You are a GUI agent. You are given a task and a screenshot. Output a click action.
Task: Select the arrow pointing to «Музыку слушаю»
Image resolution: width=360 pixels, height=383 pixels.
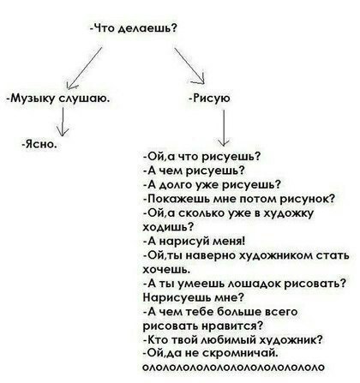(84, 68)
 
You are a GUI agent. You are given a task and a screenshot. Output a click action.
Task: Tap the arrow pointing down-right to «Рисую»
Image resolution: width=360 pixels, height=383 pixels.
(189, 66)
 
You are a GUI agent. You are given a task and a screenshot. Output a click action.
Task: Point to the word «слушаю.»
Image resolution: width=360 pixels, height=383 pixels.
(84, 99)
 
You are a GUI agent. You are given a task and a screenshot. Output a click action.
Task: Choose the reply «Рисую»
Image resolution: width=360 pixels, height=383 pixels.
(210, 99)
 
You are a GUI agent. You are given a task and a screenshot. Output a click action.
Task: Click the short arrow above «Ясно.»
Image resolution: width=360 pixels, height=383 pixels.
(63, 123)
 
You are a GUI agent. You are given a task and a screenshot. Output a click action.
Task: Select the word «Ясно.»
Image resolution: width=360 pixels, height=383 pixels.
(39, 144)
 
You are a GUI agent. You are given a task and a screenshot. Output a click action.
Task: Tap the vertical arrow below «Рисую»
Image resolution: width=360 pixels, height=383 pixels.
(223, 129)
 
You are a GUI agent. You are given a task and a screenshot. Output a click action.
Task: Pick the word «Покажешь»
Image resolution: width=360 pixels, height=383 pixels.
(177, 199)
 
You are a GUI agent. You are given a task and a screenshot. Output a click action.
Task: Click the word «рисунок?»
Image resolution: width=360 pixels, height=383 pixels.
(307, 199)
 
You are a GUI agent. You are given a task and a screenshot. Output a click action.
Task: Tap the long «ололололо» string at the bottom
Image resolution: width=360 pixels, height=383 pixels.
(233, 367)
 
